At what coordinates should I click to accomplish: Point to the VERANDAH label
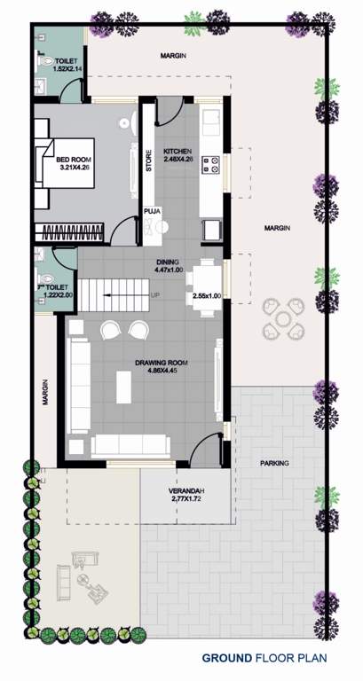tap(186, 492)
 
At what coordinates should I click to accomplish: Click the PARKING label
tap(274, 464)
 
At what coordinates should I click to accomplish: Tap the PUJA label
tap(153, 212)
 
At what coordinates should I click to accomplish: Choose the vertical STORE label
tap(149, 165)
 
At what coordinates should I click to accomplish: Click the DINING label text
tap(167, 262)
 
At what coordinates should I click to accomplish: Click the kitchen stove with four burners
tap(212, 164)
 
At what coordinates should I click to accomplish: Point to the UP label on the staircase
tap(155, 295)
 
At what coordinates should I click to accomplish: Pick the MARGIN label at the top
tap(173, 55)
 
